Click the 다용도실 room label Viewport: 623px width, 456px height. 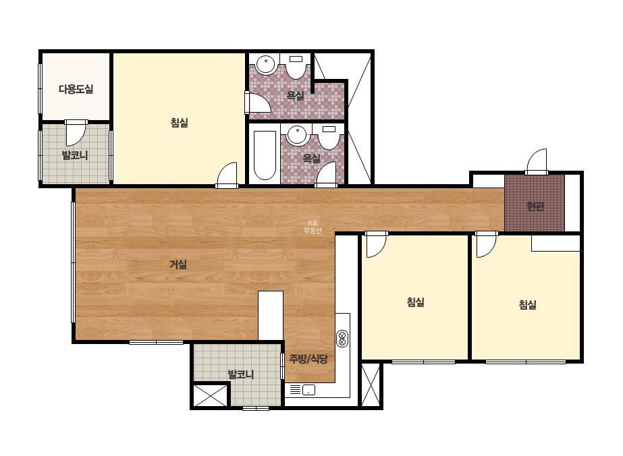(76, 89)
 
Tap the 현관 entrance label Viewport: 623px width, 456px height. (535, 206)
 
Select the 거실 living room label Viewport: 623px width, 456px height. (178, 264)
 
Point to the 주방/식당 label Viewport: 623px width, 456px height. (308, 359)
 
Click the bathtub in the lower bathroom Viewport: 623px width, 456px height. (265, 155)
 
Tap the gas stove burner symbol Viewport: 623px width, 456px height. (342, 339)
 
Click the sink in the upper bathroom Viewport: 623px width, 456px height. (265, 64)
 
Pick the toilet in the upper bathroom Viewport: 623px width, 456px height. (296, 65)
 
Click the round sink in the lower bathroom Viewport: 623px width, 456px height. (297, 136)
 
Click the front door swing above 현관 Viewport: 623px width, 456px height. (537, 161)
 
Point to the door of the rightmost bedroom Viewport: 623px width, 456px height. (487, 245)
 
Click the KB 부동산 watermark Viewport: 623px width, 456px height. (313, 227)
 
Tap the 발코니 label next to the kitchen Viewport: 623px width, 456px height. (241, 374)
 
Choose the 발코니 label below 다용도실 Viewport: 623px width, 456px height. (75, 155)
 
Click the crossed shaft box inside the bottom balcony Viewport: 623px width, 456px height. (210, 395)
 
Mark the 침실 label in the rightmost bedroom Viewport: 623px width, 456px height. (527, 305)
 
